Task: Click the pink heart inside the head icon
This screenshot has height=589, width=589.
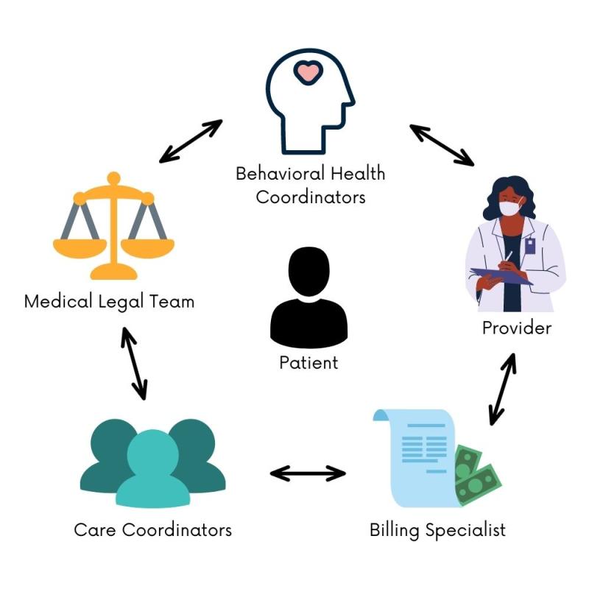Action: [308, 72]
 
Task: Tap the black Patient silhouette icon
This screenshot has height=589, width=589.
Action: [308, 298]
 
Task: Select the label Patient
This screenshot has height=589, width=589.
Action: [308, 362]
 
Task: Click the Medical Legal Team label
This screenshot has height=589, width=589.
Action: [109, 302]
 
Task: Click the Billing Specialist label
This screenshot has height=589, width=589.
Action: [437, 530]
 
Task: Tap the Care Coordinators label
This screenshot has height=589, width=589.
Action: [152, 530]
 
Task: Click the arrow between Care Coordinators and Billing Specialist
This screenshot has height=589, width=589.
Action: [308, 473]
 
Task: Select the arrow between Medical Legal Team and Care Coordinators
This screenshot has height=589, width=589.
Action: [134, 364]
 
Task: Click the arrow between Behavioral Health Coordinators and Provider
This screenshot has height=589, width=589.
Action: [442, 144]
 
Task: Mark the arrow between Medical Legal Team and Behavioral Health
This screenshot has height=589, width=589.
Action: [191, 141]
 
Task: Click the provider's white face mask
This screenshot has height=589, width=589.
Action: [509, 208]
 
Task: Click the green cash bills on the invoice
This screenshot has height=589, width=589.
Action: [476, 474]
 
